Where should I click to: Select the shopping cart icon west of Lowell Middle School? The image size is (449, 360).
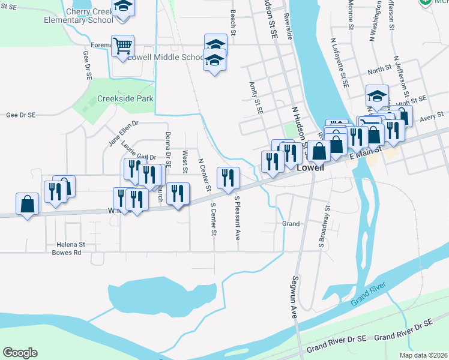122,46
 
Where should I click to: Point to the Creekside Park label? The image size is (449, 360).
125,98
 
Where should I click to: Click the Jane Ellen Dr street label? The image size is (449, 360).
123,133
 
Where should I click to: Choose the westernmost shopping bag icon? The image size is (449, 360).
28,204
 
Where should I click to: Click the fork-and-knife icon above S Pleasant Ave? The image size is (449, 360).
228,177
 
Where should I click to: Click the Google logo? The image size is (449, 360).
20,353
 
